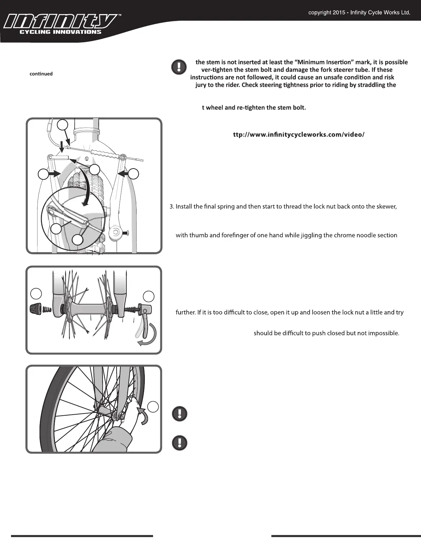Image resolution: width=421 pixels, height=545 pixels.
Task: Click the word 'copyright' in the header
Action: click(320, 13)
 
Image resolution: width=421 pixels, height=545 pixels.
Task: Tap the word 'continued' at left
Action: click(41, 74)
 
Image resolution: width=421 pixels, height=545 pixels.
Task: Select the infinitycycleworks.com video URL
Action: click(299, 134)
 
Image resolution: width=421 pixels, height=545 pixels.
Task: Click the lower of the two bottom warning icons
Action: click(180, 443)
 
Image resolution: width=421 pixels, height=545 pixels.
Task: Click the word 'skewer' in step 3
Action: click(388, 207)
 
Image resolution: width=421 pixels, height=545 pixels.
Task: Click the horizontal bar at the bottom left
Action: click(82, 536)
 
